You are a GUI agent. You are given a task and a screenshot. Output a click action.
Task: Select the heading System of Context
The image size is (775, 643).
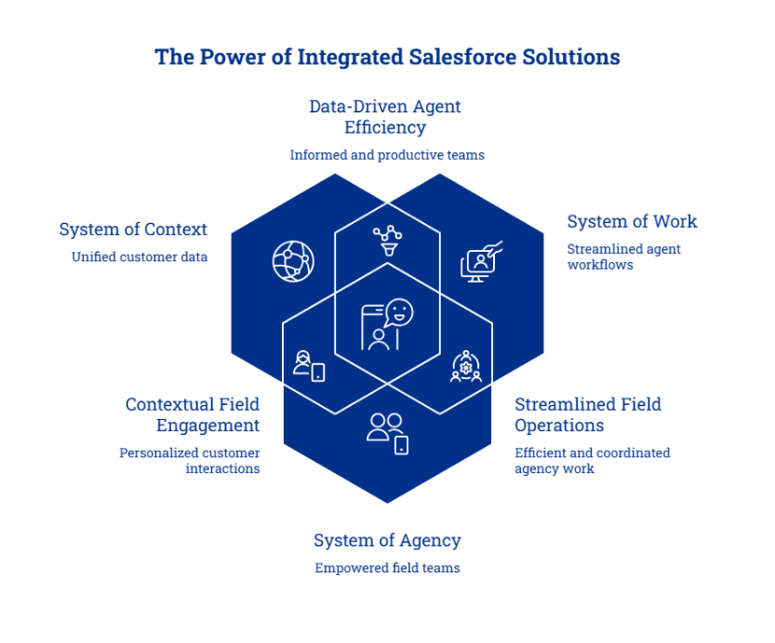pyautogui.click(x=133, y=230)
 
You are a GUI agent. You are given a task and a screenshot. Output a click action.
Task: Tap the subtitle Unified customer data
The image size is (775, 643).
pyautogui.click(x=139, y=257)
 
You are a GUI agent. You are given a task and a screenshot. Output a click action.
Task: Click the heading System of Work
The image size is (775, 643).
pyautogui.click(x=632, y=221)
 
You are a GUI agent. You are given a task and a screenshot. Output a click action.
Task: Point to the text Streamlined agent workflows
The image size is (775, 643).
pyautogui.click(x=624, y=257)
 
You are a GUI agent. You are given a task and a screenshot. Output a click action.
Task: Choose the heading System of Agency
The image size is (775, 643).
pyautogui.click(x=387, y=540)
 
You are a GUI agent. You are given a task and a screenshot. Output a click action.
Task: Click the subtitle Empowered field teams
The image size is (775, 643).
pyautogui.click(x=387, y=568)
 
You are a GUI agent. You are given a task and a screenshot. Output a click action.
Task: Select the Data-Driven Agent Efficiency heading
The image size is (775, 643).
pyautogui.click(x=385, y=117)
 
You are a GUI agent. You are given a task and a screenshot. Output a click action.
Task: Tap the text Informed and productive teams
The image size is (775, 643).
pyautogui.click(x=387, y=155)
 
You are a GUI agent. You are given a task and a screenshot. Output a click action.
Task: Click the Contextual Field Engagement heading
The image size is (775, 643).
pyautogui.click(x=192, y=415)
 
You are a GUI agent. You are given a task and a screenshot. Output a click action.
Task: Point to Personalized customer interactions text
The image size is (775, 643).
pyautogui.click(x=190, y=460)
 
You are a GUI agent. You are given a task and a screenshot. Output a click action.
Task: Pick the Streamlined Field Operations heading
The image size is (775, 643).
pyautogui.click(x=587, y=415)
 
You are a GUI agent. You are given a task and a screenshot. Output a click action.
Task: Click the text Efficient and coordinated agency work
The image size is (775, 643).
pyautogui.click(x=592, y=460)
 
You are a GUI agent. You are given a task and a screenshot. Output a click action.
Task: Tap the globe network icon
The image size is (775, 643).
pyautogui.click(x=293, y=261)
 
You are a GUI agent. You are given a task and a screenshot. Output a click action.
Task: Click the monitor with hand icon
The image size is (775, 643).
pyautogui.click(x=481, y=261)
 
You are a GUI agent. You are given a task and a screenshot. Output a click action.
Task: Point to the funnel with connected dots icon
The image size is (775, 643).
pyautogui.click(x=388, y=241)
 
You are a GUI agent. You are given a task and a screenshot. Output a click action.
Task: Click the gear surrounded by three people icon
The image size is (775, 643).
pyautogui.click(x=466, y=367)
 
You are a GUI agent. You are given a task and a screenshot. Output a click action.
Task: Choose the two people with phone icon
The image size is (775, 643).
pyautogui.click(x=387, y=434)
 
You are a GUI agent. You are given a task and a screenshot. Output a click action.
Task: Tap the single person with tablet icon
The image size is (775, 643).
pyautogui.click(x=309, y=366)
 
